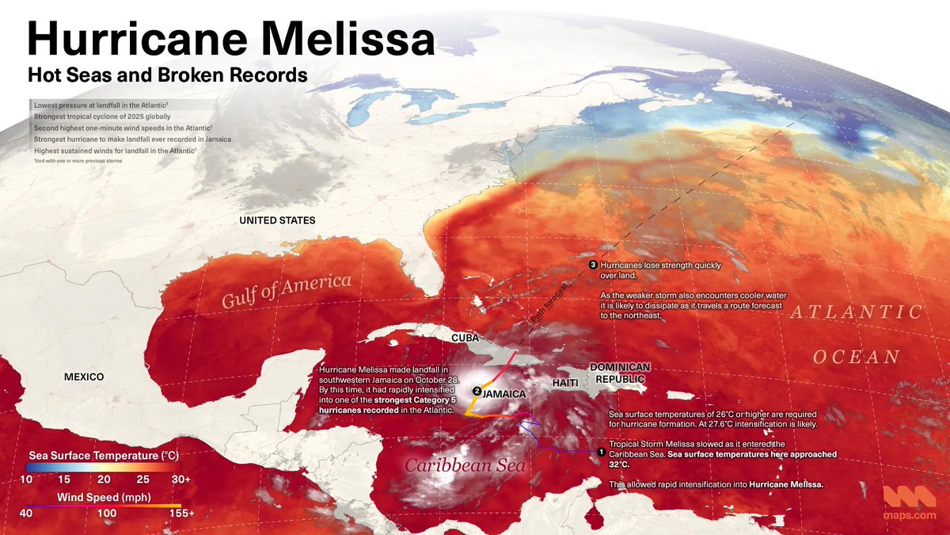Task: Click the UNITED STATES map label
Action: [277, 220]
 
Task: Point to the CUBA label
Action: [465, 338]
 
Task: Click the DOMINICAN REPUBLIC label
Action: [620, 373]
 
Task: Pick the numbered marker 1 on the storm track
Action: [601, 453]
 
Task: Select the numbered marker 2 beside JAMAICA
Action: [476, 391]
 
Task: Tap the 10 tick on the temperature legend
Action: [26, 480]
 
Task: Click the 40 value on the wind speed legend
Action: [26, 514]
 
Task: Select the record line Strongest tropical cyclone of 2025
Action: [103, 116]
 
